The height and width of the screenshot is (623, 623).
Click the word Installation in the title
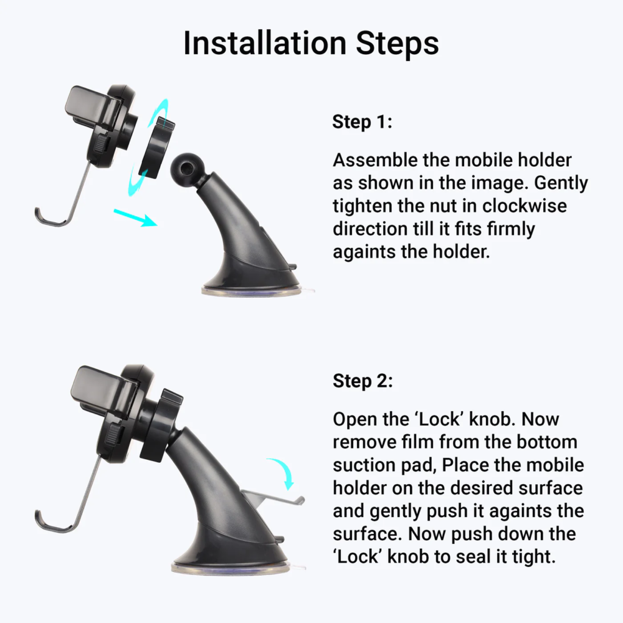click(265, 43)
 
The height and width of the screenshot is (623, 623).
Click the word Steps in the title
click(397, 44)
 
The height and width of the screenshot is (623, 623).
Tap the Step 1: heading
click(362, 122)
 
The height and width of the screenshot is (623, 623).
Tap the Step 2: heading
click(363, 381)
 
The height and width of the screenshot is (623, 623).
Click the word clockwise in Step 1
click(524, 206)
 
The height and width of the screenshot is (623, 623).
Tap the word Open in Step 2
click(355, 420)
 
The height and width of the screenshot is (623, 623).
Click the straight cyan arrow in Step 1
click(135, 217)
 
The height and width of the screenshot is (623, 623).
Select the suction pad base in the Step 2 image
click(231, 567)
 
